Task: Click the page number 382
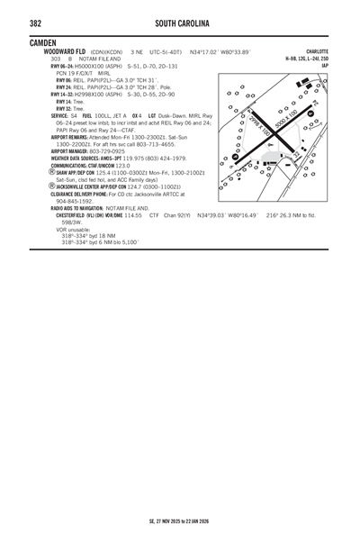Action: [x=37, y=23]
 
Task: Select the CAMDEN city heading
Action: [x=43, y=42]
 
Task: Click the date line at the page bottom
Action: [x=180, y=521]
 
